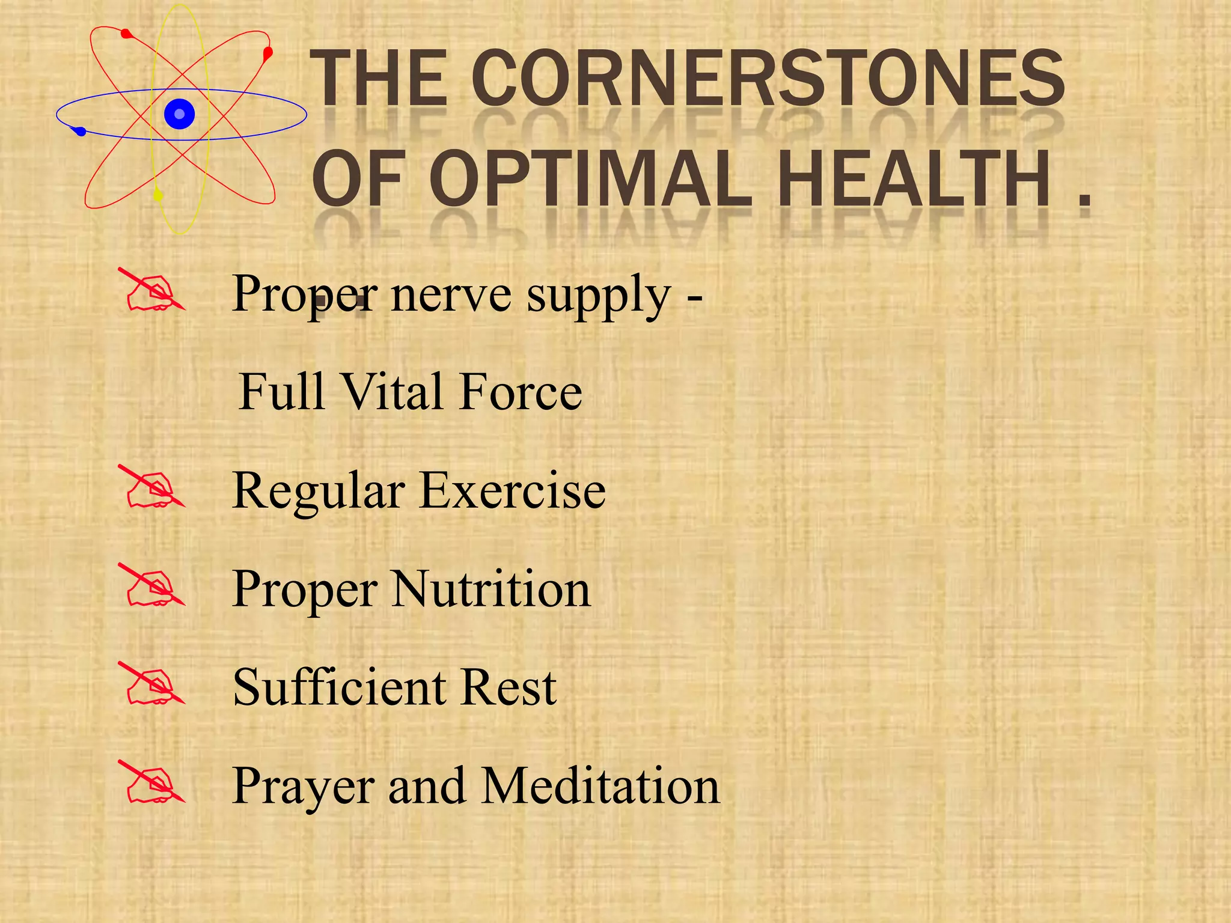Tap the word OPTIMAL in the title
tap(591, 178)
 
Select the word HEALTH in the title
tap(914, 178)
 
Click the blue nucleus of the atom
tap(179, 114)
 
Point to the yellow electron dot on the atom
tap(159, 195)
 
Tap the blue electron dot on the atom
tap(81, 131)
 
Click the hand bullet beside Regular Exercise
tap(153, 488)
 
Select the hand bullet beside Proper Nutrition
tap(153, 586)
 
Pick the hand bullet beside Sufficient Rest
tap(153, 684)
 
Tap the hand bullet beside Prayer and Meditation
tap(153, 783)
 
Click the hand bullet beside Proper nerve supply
tap(153, 291)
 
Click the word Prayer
tap(304, 787)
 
